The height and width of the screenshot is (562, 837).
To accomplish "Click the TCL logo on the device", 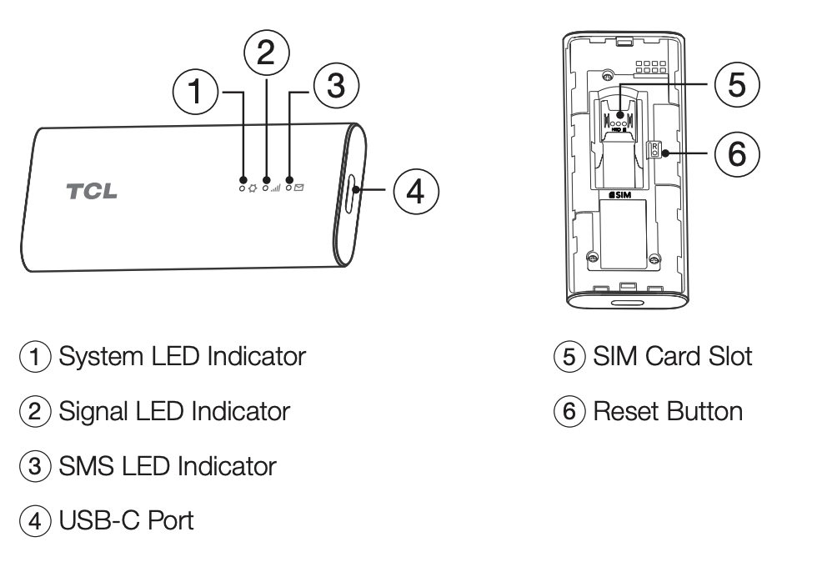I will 93,190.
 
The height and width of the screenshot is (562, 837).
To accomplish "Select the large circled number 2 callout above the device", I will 266,52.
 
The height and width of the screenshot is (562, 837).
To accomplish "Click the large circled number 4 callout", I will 414,190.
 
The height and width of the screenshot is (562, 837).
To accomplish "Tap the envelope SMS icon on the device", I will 298,188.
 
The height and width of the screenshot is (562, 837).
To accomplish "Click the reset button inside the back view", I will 655,151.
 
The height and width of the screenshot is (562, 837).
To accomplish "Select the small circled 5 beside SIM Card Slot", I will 569,358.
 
